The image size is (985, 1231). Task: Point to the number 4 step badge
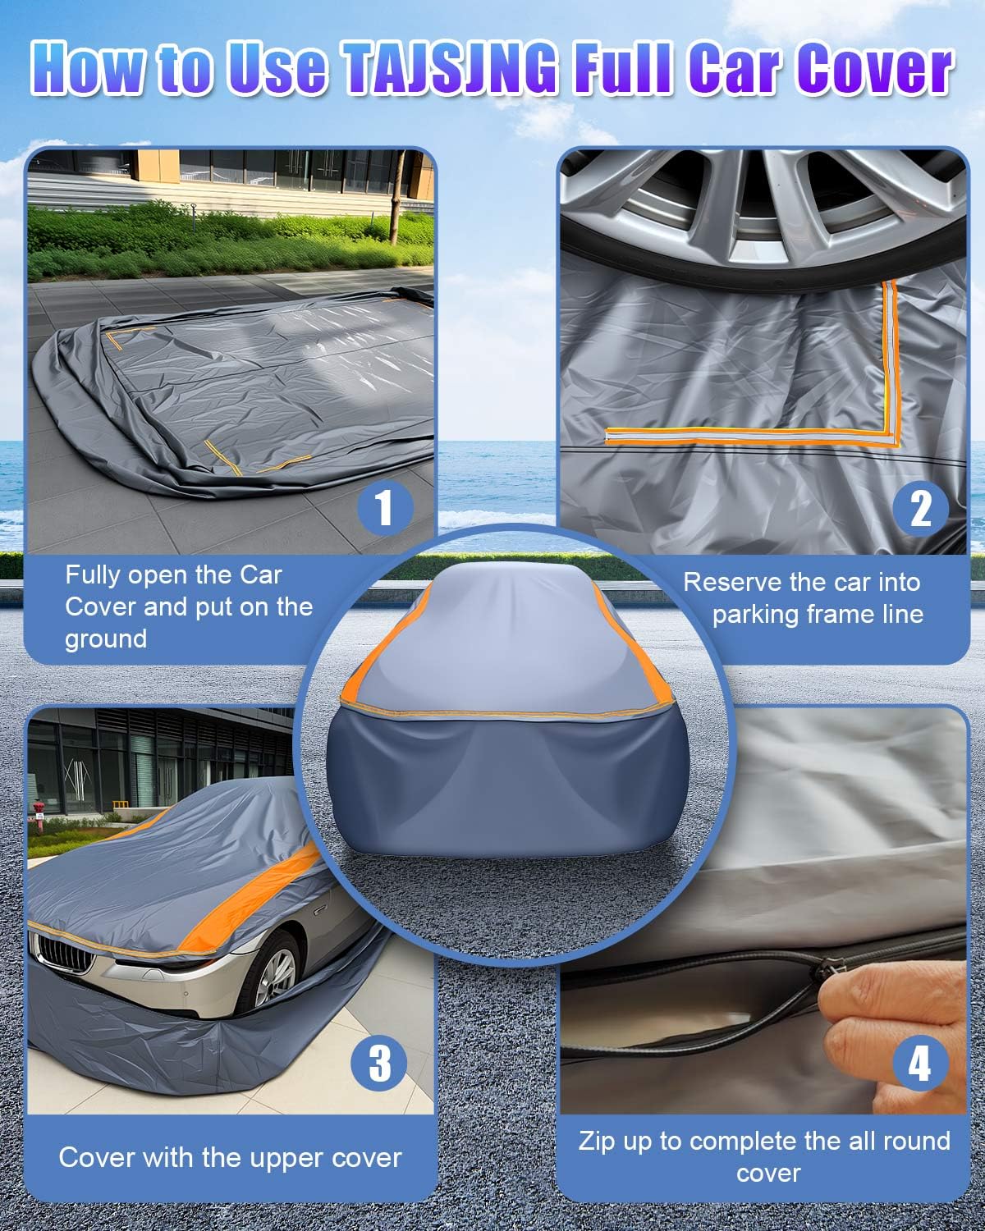919,1065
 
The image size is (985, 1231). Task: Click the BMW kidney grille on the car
62,952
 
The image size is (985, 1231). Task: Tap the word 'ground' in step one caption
106,638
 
